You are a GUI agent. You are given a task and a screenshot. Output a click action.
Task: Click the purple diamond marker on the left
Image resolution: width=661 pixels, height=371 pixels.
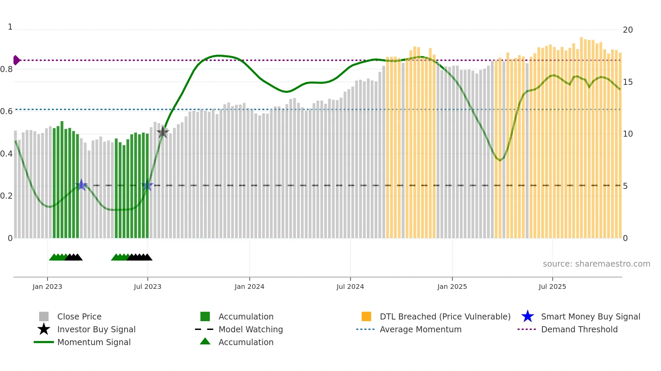(16, 60)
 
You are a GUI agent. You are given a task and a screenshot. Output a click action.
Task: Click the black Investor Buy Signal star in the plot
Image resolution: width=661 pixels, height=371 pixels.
(163, 132)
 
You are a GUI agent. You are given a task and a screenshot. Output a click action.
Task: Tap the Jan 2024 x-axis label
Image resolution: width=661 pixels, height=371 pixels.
(249, 286)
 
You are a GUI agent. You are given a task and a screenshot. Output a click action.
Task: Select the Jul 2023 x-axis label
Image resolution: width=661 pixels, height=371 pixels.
(147, 286)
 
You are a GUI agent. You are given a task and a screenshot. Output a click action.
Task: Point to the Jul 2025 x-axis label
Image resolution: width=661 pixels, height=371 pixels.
(552, 286)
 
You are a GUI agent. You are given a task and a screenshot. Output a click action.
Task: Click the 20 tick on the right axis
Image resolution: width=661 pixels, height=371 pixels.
(628, 30)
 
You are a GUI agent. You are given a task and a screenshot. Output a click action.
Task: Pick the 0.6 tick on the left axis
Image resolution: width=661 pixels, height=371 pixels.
(6, 111)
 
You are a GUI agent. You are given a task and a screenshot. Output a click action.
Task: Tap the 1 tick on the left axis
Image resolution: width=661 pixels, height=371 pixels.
(10, 27)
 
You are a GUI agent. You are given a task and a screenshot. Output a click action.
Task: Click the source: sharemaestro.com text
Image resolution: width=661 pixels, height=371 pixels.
(596, 264)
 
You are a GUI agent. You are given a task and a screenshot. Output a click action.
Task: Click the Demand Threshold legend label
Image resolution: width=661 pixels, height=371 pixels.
(579, 329)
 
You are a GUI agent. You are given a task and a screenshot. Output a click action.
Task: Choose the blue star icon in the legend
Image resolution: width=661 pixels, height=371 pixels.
(527, 316)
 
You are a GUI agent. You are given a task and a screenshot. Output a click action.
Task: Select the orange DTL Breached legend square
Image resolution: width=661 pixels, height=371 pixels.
(366, 316)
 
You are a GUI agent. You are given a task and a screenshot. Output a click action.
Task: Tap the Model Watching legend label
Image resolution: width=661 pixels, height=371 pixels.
(251, 329)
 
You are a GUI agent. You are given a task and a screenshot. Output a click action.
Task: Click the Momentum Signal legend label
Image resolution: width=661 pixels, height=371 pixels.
(94, 342)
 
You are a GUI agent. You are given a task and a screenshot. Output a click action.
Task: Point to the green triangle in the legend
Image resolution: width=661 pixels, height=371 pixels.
(205, 341)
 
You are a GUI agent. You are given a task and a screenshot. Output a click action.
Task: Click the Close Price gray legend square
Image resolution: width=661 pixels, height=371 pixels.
(44, 316)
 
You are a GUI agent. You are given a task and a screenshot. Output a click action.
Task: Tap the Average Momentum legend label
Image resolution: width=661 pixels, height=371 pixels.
(421, 329)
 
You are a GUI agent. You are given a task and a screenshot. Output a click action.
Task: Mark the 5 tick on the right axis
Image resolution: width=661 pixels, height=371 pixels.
(625, 186)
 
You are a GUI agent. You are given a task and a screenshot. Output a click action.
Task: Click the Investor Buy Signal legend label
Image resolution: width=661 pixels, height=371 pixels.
(96, 329)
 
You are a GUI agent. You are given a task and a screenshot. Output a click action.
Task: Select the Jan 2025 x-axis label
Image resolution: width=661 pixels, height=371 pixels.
(452, 286)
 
